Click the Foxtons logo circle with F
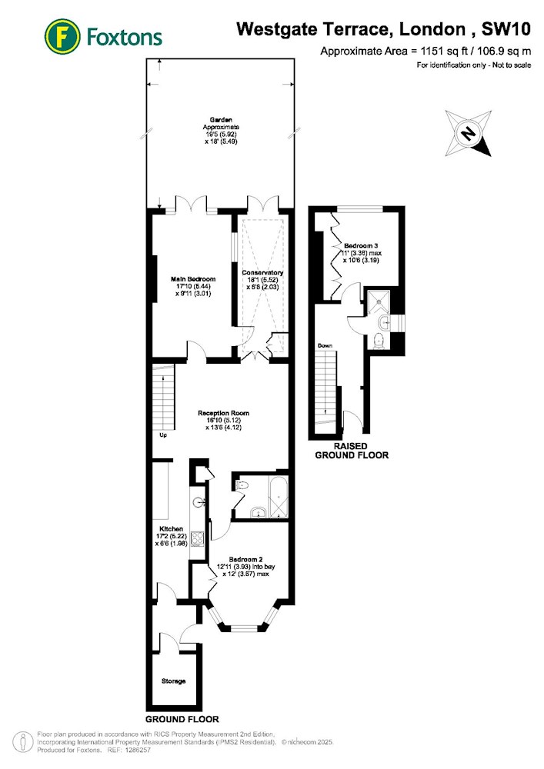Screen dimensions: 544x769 click(x=62, y=37)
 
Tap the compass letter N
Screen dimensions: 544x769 click(x=469, y=133)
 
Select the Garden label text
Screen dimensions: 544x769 click(x=221, y=120)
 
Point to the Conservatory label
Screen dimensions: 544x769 click(x=262, y=273)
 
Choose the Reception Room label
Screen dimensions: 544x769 click(x=224, y=413)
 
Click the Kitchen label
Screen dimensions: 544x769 click(x=171, y=529)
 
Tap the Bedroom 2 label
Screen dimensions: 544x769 click(x=245, y=559)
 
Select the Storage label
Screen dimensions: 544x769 click(x=174, y=681)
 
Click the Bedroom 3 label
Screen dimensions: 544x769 click(x=361, y=246)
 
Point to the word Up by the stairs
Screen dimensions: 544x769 click(x=163, y=435)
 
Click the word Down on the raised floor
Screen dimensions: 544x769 click(x=325, y=346)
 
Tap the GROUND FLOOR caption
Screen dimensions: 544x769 click(x=182, y=719)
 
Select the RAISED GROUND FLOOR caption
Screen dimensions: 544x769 click(x=352, y=451)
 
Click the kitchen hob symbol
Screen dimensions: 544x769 click(x=197, y=538)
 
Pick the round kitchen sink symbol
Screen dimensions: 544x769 click(x=199, y=502)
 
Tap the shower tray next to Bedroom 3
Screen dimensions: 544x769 click(x=379, y=301)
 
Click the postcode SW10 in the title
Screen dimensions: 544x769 click(x=506, y=29)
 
